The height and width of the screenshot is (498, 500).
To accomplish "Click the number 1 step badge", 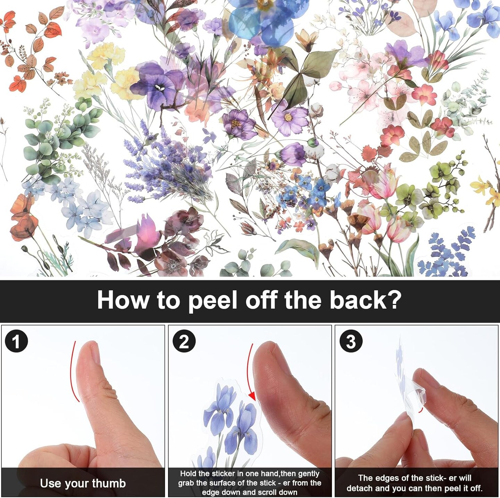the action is pyautogui.click(x=16, y=341).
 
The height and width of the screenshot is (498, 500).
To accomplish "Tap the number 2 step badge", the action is pyautogui.click(x=184, y=341).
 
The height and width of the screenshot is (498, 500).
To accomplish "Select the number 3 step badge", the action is pyautogui.click(x=351, y=341).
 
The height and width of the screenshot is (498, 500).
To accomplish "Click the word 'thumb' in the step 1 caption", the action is pyautogui.click(x=109, y=476).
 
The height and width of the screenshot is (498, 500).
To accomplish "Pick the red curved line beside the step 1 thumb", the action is pyautogui.click(x=74, y=371).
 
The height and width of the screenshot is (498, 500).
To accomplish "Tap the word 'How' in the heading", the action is pyautogui.click(x=123, y=299).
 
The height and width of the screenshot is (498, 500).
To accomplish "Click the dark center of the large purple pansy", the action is pyautogui.click(x=159, y=88).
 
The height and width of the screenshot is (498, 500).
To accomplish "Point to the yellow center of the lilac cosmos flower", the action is pyautogui.click(x=288, y=117).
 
